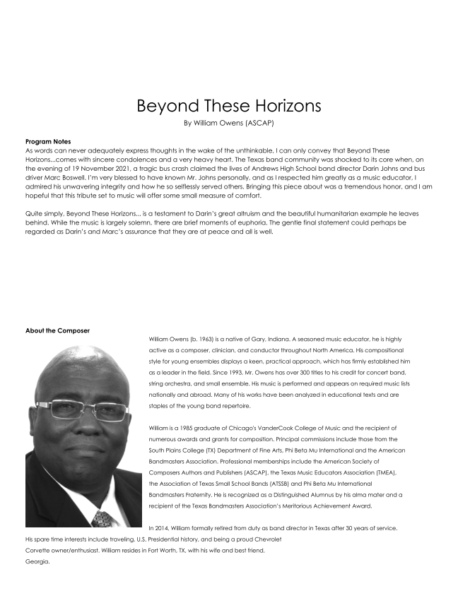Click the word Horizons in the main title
281,106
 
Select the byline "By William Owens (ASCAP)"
228,123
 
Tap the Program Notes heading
47,142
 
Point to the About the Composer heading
57,330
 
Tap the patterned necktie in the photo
104,518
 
